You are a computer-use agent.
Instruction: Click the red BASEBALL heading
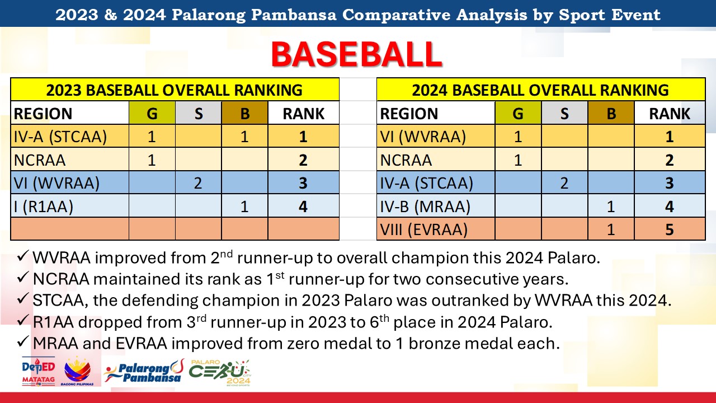[357, 54]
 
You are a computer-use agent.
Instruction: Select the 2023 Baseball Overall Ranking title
[175, 90]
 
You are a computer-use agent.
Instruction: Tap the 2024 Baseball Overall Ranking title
[540, 90]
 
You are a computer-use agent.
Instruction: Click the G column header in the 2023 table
[152, 113]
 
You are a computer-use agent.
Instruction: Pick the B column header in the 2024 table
[611, 113]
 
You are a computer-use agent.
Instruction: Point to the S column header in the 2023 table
[198, 113]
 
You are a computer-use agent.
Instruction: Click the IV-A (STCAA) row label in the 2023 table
[60, 137]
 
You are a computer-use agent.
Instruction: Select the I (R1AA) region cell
[44, 207]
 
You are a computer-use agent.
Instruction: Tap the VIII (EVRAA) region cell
[424, 229]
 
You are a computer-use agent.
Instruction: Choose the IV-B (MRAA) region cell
[425, 207]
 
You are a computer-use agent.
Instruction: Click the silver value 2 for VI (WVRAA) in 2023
[198, 183]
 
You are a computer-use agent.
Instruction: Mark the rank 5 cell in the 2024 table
[670, 229]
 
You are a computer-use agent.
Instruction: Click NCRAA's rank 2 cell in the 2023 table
[303, 160]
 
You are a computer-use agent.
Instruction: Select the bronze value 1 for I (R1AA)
[244, 207]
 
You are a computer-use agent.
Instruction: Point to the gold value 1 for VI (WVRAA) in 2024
[518, 137]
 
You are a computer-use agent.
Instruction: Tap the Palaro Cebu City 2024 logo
[220, 373]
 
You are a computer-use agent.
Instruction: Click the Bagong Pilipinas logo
[77, 372]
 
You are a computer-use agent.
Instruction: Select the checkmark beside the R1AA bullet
[23, 321]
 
